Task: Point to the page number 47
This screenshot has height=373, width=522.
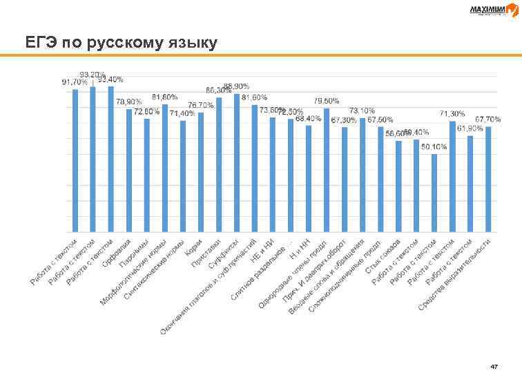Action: click(x=493, y=364)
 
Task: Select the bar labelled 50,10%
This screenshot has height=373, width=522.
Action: click(x=434, y=193)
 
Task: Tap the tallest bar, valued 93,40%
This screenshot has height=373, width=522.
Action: click(x=110, y=159)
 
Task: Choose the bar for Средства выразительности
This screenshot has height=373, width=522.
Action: click(x=488, y=179)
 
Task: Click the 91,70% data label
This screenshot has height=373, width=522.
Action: click(x=75, y=82)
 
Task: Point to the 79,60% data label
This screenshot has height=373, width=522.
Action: click(x=327, y=101)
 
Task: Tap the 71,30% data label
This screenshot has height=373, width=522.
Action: click(x=452, y=113)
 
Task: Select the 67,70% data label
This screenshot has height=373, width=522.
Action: click(x=487, y=119)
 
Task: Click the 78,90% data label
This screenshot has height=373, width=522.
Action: click(x=128, y=102)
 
